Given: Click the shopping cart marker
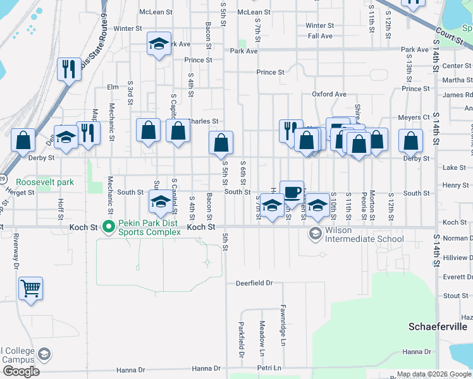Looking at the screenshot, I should point(30,289).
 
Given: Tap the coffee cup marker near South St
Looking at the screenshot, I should point(292,191).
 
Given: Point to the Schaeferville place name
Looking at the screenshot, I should point(438,327).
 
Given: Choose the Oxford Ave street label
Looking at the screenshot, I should point(329,94).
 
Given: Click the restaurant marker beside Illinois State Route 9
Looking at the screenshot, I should point(68,69).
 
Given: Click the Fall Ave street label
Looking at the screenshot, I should point(320,36).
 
